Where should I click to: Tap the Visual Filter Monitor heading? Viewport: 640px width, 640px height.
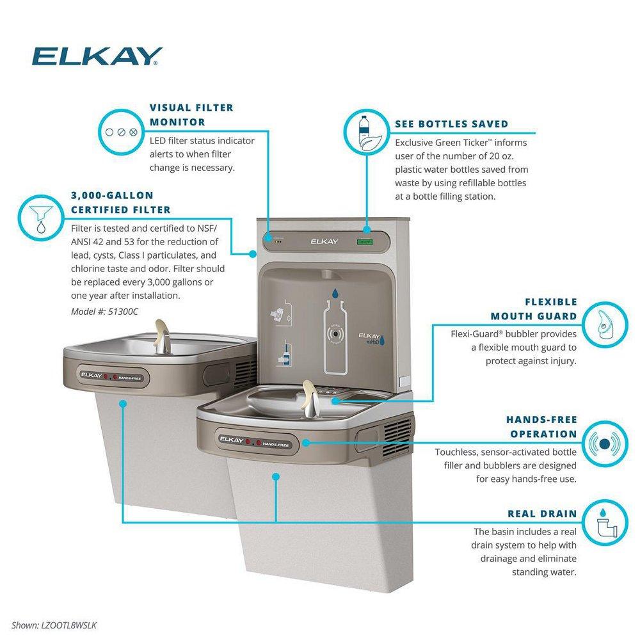click(x=191, y=115)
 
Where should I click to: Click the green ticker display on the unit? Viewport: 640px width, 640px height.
click(x=365, y=242)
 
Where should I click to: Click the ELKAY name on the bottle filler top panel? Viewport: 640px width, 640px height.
click(x=323, y=242)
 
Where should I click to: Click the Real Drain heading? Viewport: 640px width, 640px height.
click(x=541, y=513)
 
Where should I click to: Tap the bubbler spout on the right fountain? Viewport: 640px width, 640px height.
click(x=308, y=397)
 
